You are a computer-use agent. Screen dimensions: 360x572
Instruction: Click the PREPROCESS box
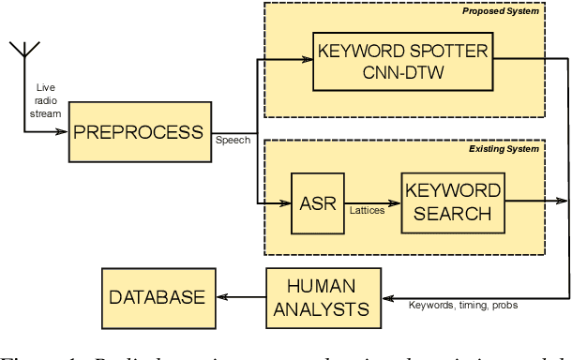(140, 131)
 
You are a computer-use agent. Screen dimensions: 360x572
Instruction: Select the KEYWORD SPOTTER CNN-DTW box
(403, 60)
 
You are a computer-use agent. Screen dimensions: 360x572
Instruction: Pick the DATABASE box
(157, 297)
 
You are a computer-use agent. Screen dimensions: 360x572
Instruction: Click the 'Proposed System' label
(501, 11)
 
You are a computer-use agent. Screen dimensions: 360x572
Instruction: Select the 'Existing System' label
(504, 148)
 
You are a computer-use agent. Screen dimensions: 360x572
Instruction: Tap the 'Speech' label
(233, 141)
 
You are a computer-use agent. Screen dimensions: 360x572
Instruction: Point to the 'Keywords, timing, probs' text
(463, 306)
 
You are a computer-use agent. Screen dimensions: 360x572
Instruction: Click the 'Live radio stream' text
(44, 99)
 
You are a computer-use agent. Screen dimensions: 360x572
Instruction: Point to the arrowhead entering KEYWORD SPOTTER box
(307, 60)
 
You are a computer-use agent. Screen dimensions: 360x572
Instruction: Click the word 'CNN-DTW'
(403, 71)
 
